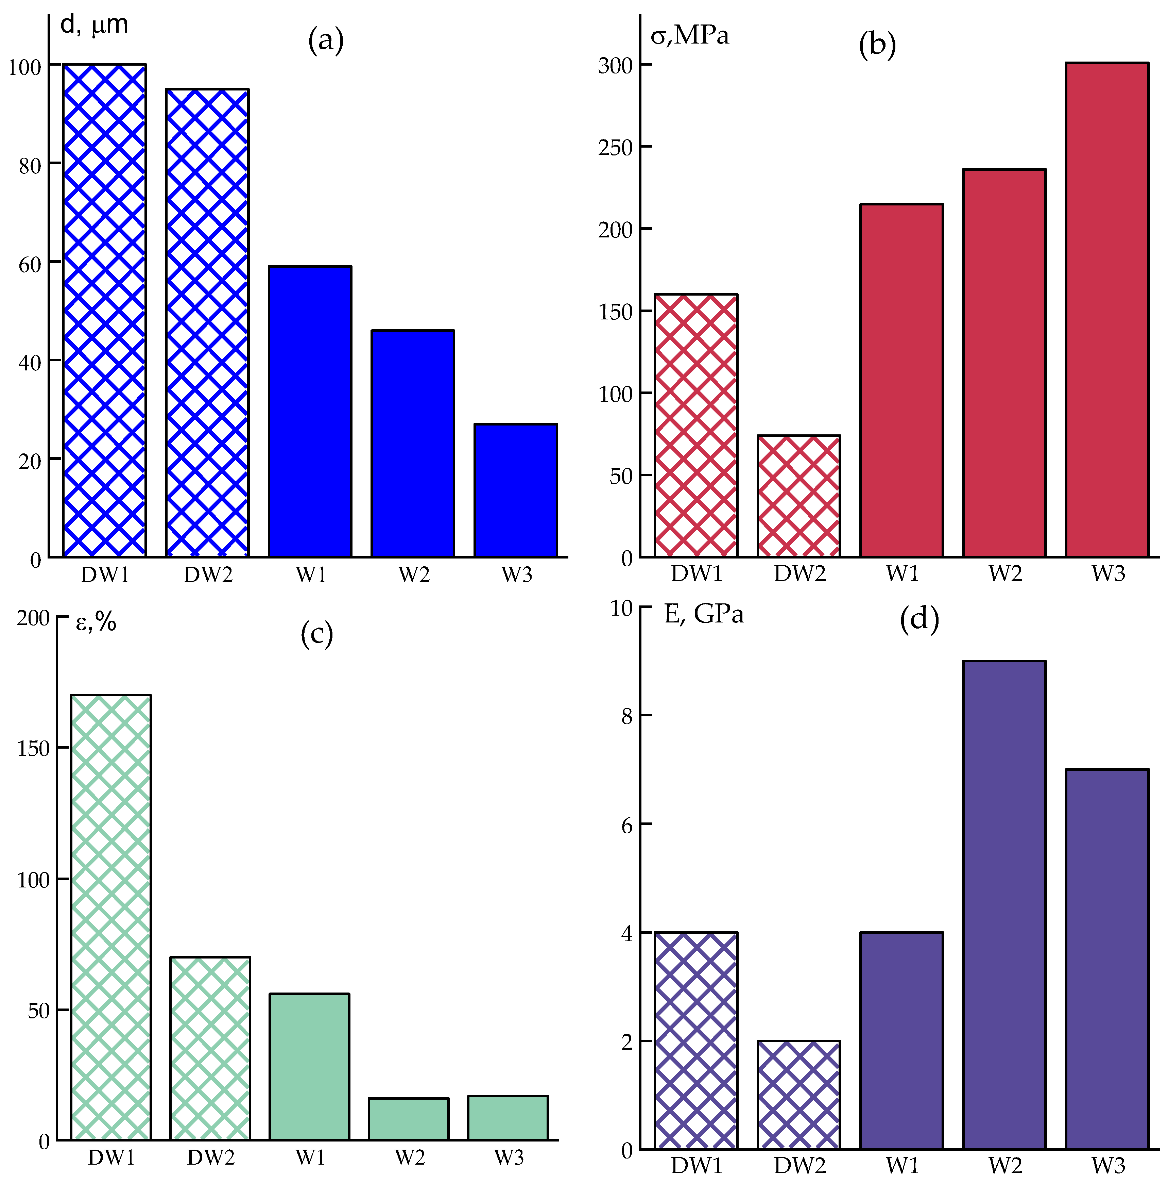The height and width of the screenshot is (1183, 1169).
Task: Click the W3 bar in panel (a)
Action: point(515,490)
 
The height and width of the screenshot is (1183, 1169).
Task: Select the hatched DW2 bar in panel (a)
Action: point(207,323)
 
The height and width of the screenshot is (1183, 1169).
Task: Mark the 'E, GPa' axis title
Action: point(704,614)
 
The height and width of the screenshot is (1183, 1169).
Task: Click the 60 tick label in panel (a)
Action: point(29,265)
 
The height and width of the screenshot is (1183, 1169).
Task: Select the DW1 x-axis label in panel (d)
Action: point(697,1165)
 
